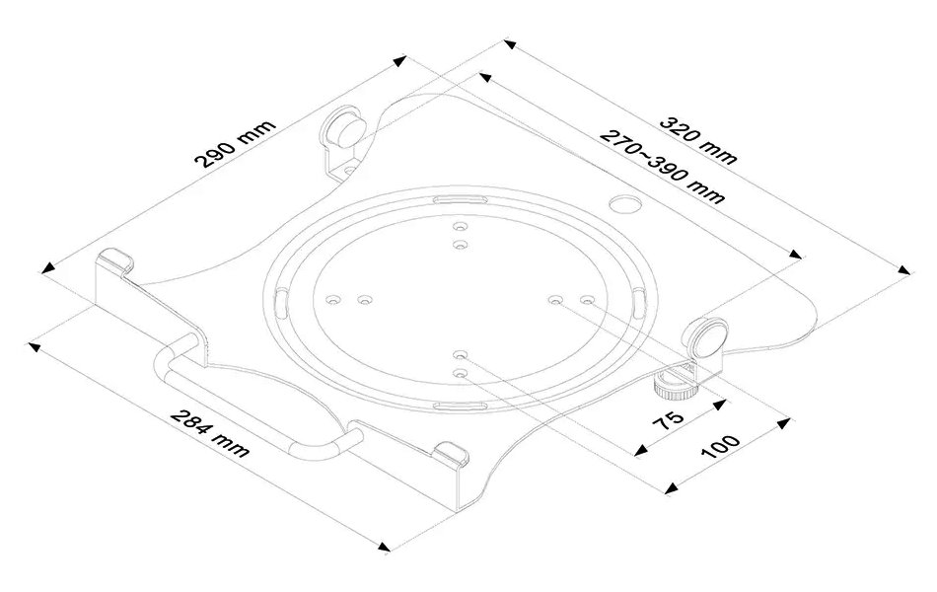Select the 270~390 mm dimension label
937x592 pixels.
[x=663, y=167]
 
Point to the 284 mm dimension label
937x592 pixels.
[x=210, y=433]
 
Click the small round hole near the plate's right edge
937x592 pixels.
[x=624, y=203]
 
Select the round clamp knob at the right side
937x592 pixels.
[x=707, y=336]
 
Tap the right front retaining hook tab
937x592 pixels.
[x=452, y=452]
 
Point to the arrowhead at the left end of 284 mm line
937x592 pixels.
[x=35, y=345]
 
